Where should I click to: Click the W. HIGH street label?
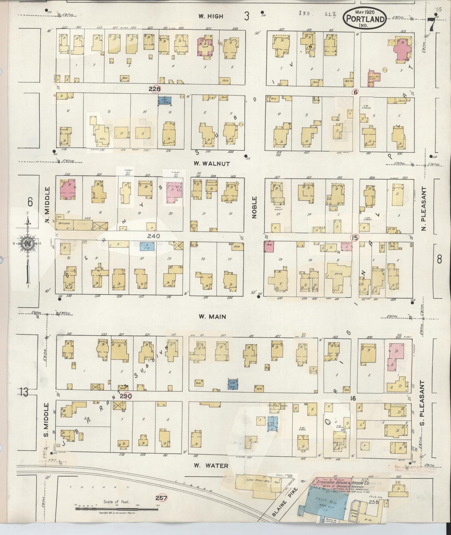pyautogui.click(x=211, y=16)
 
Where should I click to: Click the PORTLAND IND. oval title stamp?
pyautogui.click(x=364, y=18)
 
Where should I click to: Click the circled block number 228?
pyautogui.click(x=154, y=89)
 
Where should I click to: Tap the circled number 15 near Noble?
pyautogui.click(x=354, y=238)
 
